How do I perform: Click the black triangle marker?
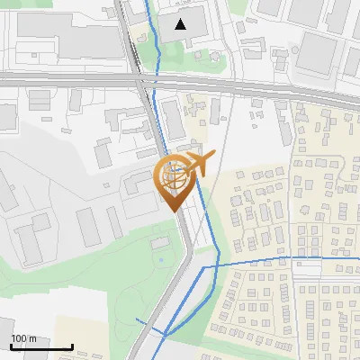coord(181,24)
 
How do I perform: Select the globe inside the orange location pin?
coord(175,175)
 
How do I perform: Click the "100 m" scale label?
coord(24,338)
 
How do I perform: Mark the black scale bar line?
coord(41,346)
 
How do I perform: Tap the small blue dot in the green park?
coord(161,260)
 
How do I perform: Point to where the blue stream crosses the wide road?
coord(156,82)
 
